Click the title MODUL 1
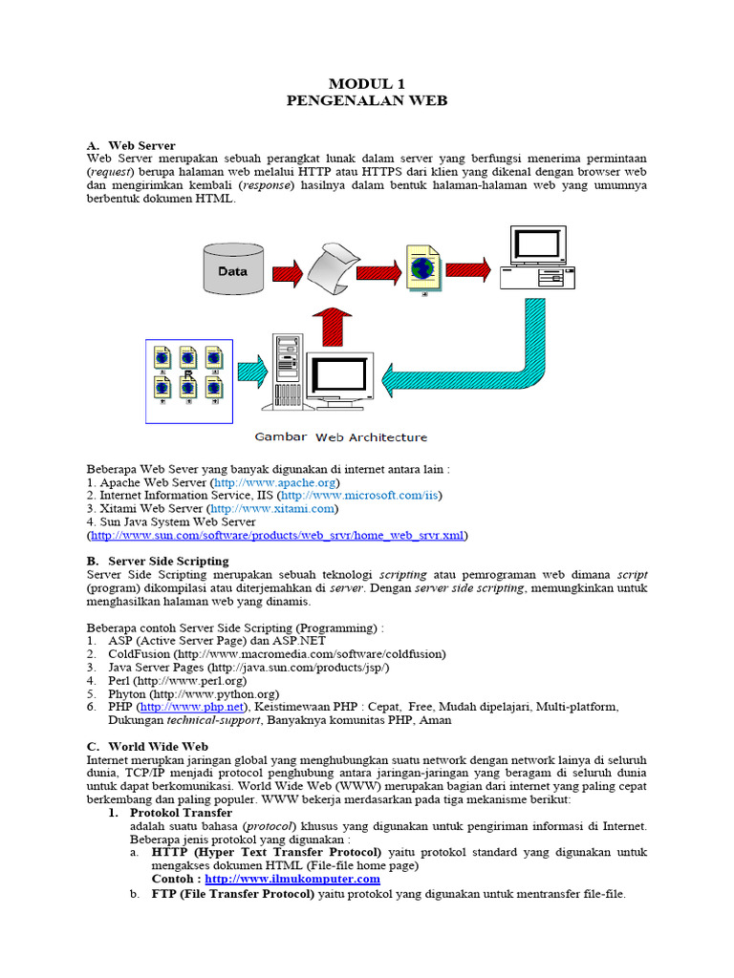point(367,84)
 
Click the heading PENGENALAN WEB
point(367,100)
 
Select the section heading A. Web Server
point(131,145)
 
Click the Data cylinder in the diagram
point(232,270)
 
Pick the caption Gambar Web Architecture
point(340,437)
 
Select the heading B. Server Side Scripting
point(158,561)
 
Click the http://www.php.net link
point(192,707)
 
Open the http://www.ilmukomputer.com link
point(291,879)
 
